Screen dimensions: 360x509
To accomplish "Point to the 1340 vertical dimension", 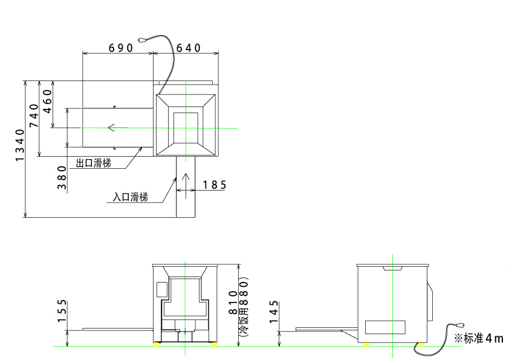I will coord(20,145).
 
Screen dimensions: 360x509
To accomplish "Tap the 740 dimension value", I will coord(34,115).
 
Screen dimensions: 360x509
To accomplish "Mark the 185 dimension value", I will coord(214,185).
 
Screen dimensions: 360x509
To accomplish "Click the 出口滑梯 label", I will coord(94,163).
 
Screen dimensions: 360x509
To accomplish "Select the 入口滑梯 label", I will coord(131,197).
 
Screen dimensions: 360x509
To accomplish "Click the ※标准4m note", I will coord(478,338).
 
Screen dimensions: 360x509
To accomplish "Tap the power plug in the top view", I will coord(142,41).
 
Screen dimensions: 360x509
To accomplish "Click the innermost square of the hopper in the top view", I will coord(186,128).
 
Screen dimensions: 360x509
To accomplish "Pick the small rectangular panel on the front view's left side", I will coord(161,289).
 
